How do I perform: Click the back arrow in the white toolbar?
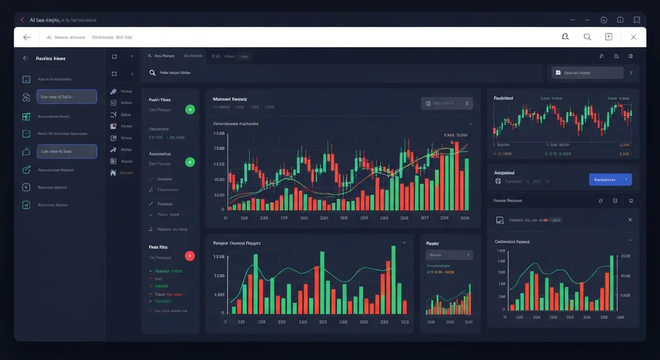tap(27, 37)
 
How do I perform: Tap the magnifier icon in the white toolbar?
tap(587, 37)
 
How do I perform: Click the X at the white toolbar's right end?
tap(633, 37)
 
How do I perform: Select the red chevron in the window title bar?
tap(22, 20)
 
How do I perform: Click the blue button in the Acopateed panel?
tap(610, 180)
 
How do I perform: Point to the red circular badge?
tap(190, 256)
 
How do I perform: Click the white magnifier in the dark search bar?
tap(152, 73)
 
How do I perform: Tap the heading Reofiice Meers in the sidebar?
tap(51, 59)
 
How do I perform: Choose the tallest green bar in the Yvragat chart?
tap(393, 280)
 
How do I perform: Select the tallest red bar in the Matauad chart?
tap(456, 176)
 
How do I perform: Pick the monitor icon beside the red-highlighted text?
tap(500, 220)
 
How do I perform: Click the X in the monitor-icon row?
tap(630, 220)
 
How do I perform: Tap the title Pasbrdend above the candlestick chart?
tap(503, 98)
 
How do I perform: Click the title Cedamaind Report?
tap(512, 242)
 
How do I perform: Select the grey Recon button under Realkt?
tap(449, 255)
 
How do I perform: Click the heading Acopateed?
tap(504, 173)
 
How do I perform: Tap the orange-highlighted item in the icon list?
tap(126, 173)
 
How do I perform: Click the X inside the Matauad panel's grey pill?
tap(466, 103)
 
